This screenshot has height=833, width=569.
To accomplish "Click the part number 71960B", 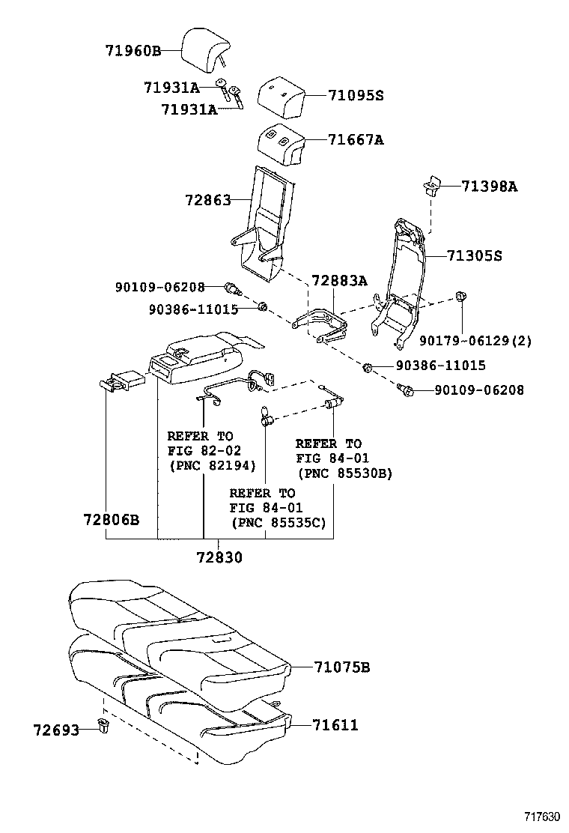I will click(x=133, y=51).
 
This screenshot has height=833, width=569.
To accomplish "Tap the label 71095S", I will click(x=355, y=95).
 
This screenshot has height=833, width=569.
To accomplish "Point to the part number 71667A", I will click(x=355, y=139).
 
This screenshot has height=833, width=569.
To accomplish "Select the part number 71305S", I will click(x=474, y=255).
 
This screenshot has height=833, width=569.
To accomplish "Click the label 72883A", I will click(x=340, y=280).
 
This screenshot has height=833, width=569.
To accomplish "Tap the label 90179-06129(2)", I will click(x=475, y=340).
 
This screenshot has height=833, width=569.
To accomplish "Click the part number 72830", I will click(x=219, y=557).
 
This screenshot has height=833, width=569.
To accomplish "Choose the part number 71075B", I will click(x=341, y=667).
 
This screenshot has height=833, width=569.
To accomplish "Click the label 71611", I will click(x=335, y=724).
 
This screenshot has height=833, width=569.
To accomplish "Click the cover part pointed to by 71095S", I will click(x=283, y=95).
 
